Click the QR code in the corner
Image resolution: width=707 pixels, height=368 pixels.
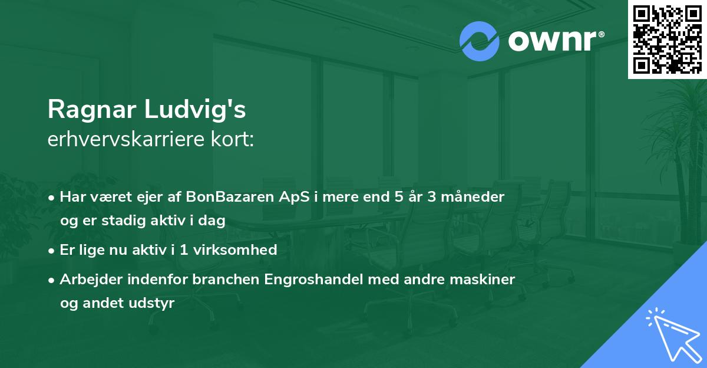click(668, 40)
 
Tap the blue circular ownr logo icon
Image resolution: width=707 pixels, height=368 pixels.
click(480, 41)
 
